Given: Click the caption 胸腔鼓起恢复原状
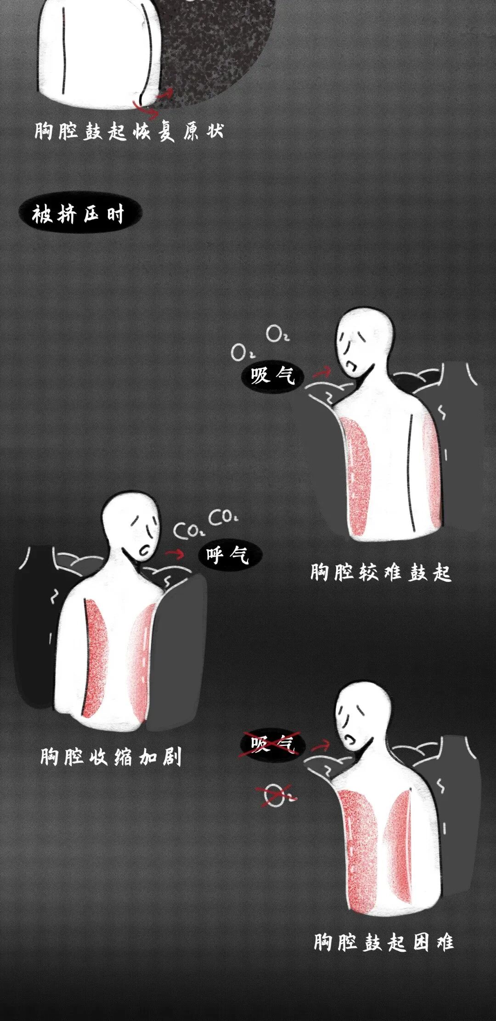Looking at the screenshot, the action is (129, 131).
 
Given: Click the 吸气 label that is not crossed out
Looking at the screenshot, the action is (272, 376).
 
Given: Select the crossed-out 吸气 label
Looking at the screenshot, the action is (271, 744).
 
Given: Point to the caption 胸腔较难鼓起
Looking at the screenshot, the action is (381, 573).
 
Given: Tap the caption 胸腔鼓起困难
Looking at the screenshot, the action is (384, 942).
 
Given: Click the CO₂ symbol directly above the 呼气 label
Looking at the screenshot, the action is (223, 517).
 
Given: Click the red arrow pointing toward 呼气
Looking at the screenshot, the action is (175, 553).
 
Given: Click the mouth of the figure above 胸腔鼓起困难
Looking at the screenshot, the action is (351, 739).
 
